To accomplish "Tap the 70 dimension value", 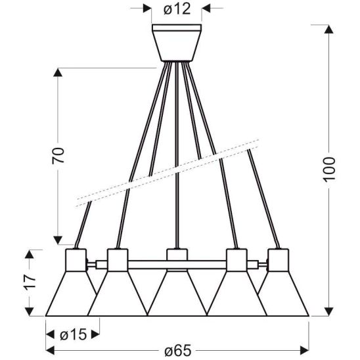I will click(58, 155).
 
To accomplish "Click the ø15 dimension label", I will click(72, 334).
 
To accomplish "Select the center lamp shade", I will click(176, 296).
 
